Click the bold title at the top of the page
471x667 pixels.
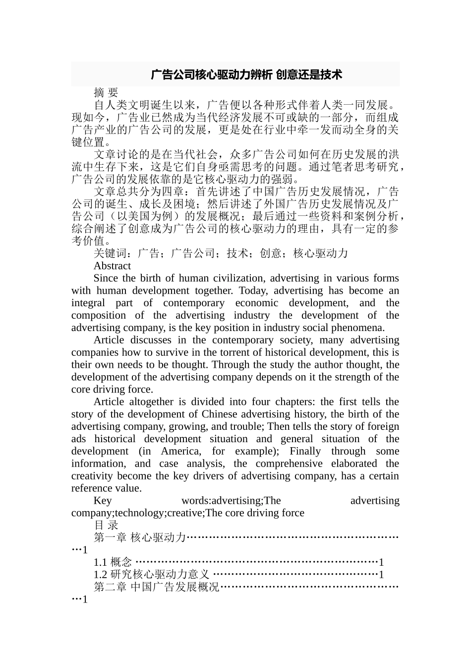click(246, 75)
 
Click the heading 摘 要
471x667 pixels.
click(106, 93)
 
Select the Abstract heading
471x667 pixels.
click(112, 266)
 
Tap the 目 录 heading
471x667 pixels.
click(106, 525)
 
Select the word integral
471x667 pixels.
click(88, 303)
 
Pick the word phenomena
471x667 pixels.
click(360, 328)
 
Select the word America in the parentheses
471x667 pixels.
click(180, 451)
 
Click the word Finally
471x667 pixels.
click(305, 451)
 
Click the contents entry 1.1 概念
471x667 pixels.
click(113, 562)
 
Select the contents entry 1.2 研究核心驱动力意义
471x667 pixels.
click(151, 575)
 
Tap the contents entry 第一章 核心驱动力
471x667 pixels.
click(139, 537)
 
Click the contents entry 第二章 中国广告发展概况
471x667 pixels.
click(156, 587)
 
